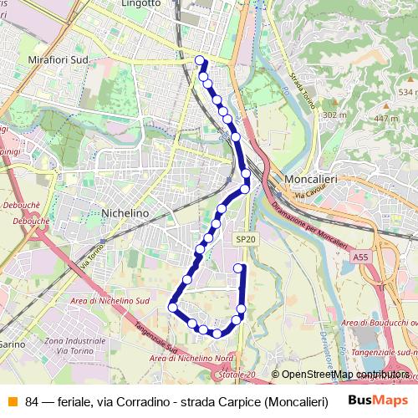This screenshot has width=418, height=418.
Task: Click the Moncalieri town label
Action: pyautogui.click(x=310, y=180)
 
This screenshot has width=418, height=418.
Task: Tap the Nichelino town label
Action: pyautogui.click(x=124, y=213)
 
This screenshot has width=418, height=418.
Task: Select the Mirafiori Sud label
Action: pyautogui.click(x=59, y=61)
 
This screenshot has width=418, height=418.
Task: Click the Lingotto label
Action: pyautogui.click(x=140, y=4)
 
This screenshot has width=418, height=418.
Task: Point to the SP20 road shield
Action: pyautogui.click(x=243, y=238)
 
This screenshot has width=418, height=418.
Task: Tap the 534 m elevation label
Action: pyautogui.click(x=407, y=92)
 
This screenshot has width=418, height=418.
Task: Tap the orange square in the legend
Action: pyautogui.click(x=12, y=400)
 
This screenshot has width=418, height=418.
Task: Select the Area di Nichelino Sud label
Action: pyautogui.click(x=110, y=300)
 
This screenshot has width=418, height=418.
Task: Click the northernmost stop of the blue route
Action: pyautogui.click(x=200, y=59)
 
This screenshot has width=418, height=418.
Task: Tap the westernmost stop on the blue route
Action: pyautogui.click(x=172, y=307)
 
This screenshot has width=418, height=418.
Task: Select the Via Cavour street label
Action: pyautogui.click(x=308, y=195)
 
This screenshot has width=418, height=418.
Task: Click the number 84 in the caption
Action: pyautogui.click(x=32, y=400)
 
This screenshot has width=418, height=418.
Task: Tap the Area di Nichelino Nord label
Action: pyautogui.click(x=191, y=358)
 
